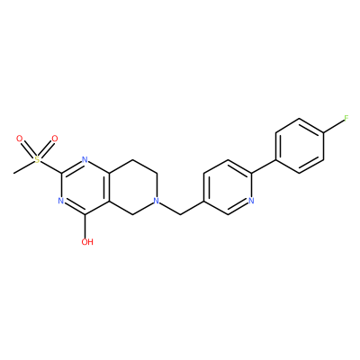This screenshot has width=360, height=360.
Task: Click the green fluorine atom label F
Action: point(346,118)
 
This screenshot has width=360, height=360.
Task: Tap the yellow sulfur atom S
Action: point(37,159)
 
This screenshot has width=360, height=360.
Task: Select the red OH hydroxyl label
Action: point(87,242)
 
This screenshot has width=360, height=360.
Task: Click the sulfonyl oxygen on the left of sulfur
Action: point(20,139)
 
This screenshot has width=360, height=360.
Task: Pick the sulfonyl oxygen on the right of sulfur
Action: point(54,139)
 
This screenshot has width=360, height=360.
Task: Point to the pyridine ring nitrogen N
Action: point(251,201)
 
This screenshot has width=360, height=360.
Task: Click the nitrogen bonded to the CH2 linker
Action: point(156,201)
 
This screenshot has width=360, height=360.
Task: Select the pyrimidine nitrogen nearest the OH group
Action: point(61,201)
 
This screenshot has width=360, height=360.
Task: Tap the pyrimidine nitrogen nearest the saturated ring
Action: point(85,159)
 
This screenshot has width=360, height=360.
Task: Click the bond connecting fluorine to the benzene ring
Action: point(334,126)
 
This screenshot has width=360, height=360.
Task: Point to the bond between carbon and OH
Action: point(85,226)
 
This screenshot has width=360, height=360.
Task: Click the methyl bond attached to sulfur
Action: point(23,167)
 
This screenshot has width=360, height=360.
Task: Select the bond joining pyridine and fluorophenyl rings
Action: point(264,166)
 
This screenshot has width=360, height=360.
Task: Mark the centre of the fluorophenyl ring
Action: point(300,146)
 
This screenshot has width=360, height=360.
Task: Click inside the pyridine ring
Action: point(228,187)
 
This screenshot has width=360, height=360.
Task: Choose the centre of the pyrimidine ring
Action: point(85,187)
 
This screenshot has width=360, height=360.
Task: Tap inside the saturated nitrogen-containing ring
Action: point(133,187)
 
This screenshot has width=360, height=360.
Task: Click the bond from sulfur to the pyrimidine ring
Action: point(50,166)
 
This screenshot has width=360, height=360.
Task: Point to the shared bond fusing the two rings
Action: point(109,187)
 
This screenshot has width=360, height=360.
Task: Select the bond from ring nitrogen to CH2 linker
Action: point(169,208)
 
